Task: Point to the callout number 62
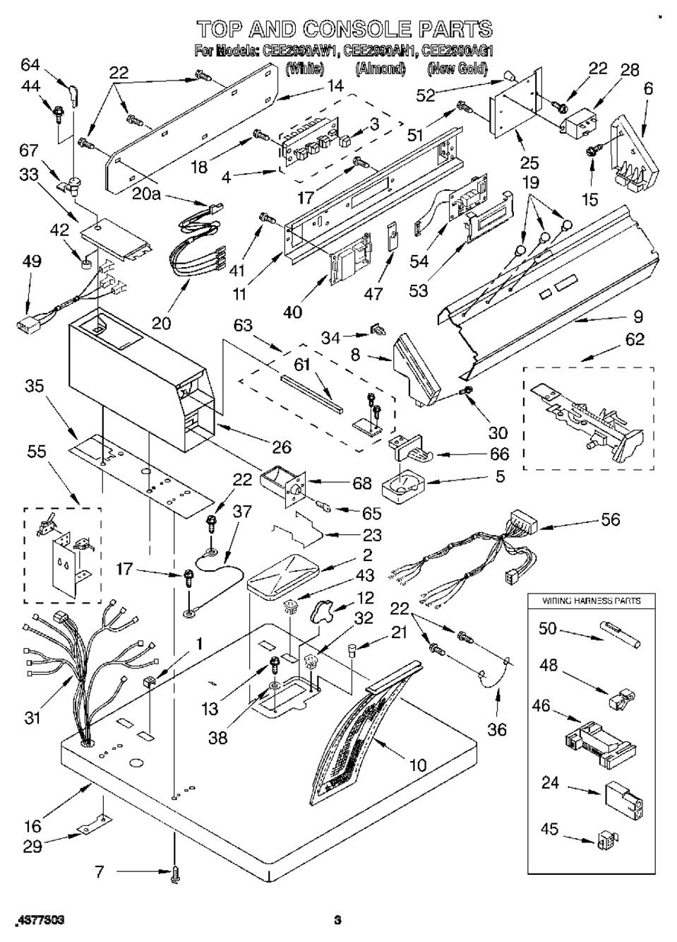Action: [x=635, y=340]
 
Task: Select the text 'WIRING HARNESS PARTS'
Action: [x=592, y=601]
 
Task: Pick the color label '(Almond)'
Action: [x=381, y=69]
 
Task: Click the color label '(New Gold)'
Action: [x=457, y=69]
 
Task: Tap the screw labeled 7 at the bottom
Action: [x=174, y=875]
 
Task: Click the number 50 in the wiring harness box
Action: [x=548, y=628]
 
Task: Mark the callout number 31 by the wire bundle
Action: [x=32, y=719]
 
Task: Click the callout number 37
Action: [x=241, y=512]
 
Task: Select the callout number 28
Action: [x=629, y=70]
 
